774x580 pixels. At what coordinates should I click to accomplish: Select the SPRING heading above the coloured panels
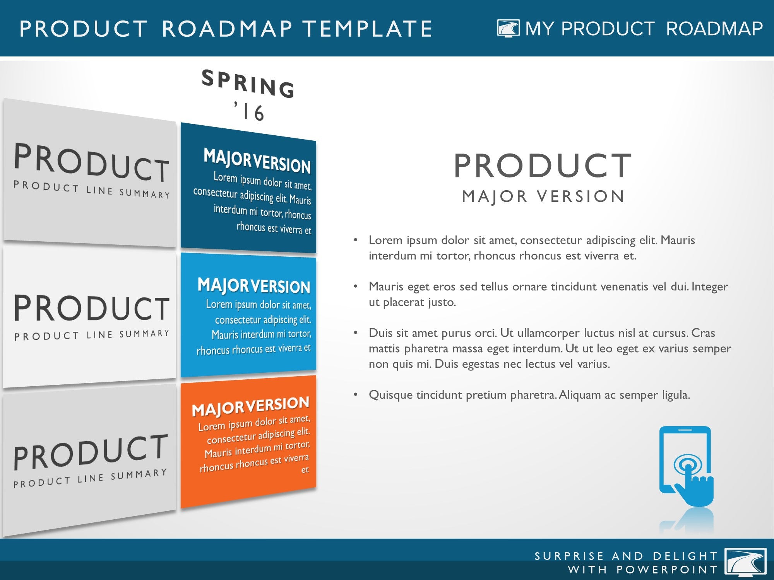(248, 84)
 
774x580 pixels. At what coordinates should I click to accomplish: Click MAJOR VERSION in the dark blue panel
(257, 161)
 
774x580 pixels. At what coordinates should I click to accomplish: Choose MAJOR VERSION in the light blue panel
(254, 286)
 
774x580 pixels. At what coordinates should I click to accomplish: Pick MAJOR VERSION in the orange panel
(251, 406)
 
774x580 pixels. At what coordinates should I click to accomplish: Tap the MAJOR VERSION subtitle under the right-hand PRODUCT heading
(543, 196)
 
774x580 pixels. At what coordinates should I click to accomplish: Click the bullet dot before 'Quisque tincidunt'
(355, 395)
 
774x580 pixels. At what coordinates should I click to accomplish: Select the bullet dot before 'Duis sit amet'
(355, 333)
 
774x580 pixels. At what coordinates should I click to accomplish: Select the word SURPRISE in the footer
(569, 556)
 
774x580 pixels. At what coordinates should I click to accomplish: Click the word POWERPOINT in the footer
(667, 570)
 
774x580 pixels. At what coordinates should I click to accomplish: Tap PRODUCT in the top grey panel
(92, 162)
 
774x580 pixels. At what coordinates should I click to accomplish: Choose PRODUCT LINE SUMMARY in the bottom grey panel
(90, 478)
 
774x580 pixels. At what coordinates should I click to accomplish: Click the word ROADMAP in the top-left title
(227, 29)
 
